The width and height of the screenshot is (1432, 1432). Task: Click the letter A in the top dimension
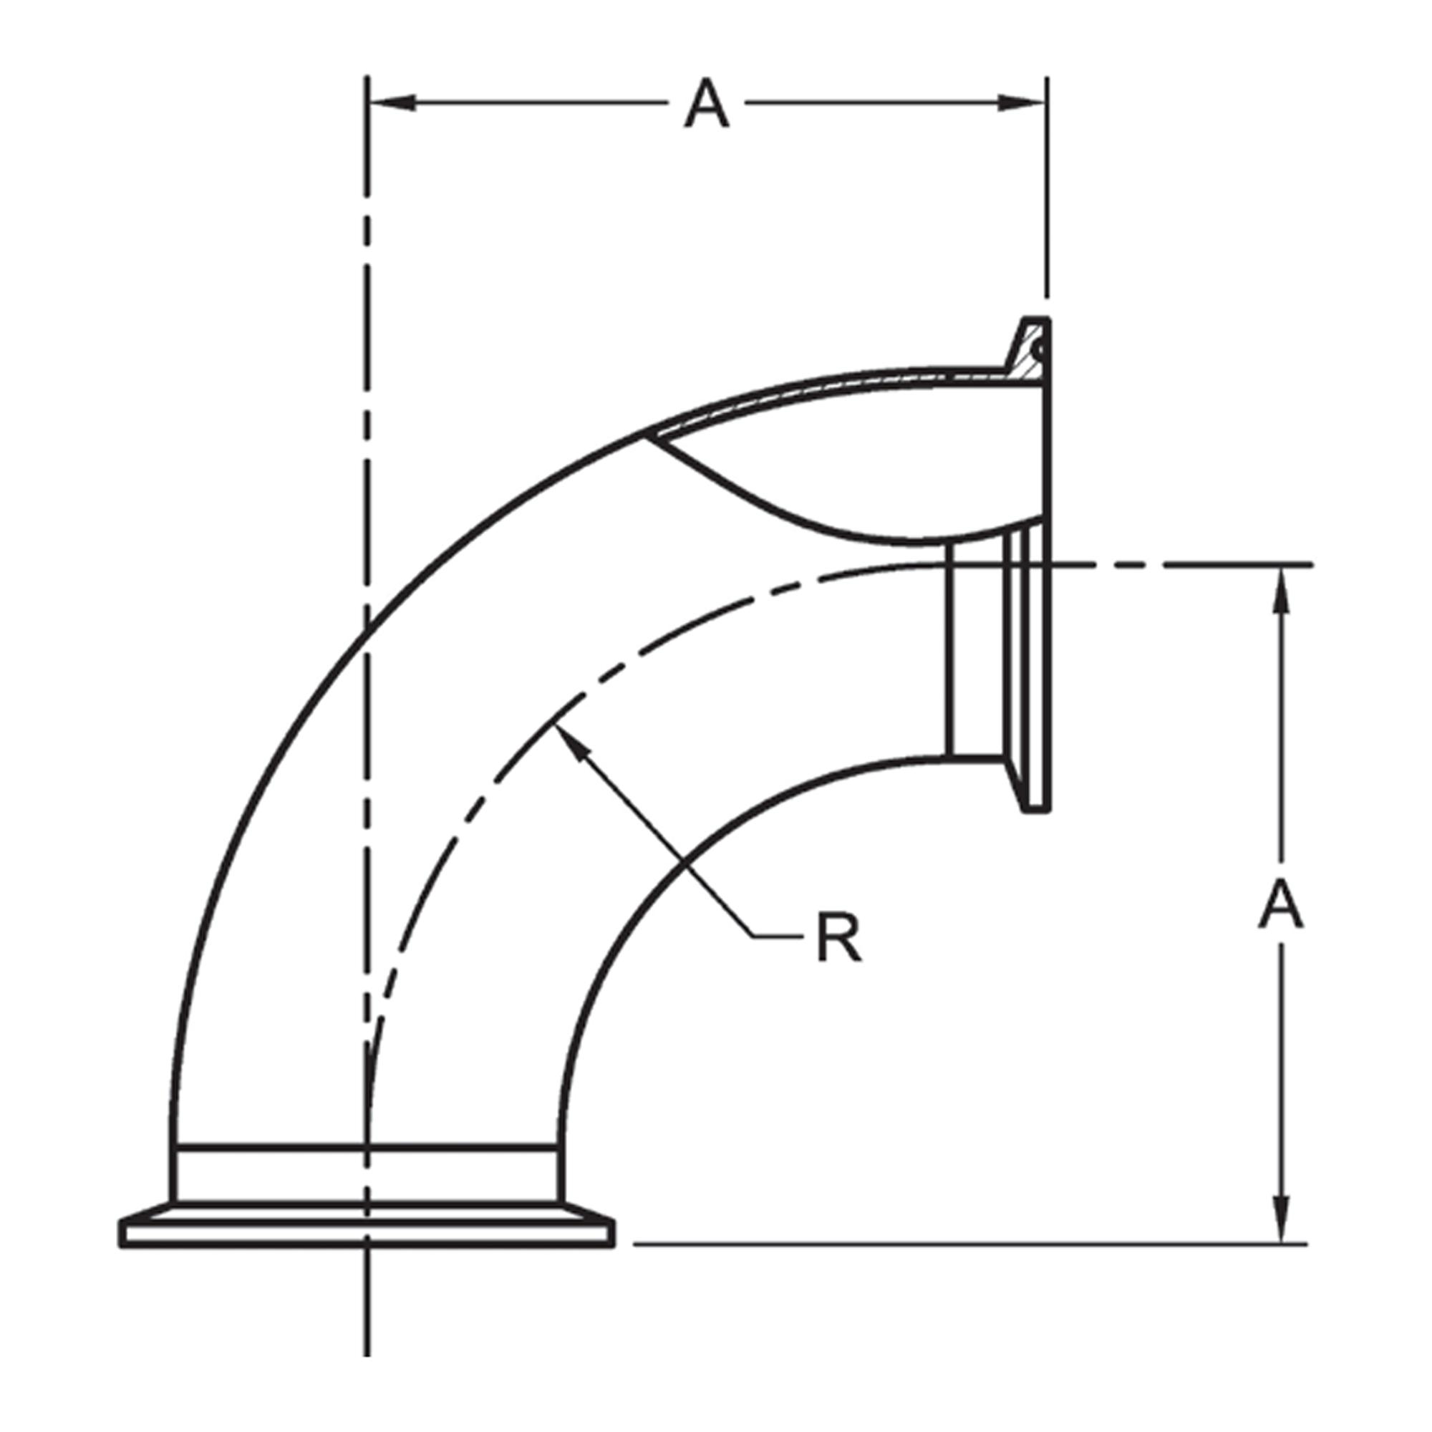tap(707, 105)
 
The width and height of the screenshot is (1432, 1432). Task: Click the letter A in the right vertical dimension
tap(1280, 906)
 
